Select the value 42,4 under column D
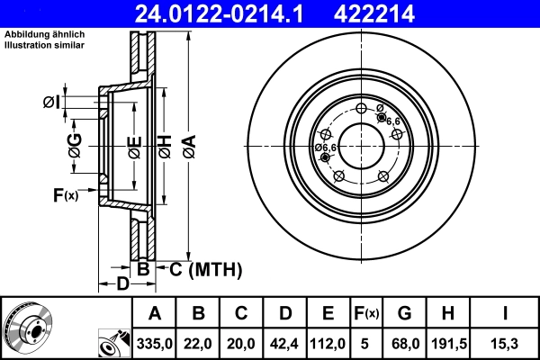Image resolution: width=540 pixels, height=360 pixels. point(285,343)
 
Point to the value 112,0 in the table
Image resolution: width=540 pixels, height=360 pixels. point(328,343)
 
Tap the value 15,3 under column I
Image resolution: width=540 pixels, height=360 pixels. point(506,343)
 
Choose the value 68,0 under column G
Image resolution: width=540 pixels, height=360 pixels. point(404,343)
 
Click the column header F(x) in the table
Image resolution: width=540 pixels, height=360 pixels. point(365,313)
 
